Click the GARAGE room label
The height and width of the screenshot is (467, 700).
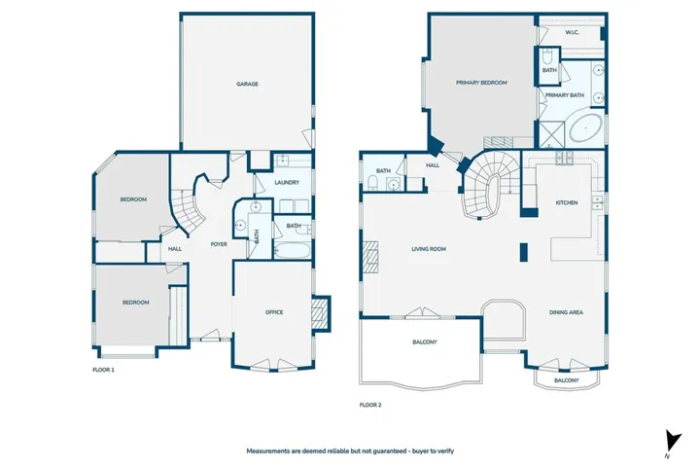(x=247, y=84)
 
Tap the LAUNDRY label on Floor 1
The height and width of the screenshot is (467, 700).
(x=287, y=182)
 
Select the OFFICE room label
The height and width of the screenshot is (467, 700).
(x=274, y=312)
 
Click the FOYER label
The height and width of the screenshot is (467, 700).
(x=219, y=244)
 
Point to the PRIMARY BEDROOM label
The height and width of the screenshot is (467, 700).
(x=481, y=83)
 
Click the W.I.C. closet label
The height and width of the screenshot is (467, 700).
(x=572, y=33)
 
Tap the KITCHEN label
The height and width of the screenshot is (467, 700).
(x=567, y=203)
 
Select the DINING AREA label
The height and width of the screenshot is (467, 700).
(x=566, y=312)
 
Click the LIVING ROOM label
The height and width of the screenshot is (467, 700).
(x=429, y=249)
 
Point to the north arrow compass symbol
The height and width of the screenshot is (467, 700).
(x=673, y=442)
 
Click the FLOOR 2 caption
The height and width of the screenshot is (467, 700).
(x=370, y=406)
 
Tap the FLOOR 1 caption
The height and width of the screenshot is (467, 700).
(x=104, y=370)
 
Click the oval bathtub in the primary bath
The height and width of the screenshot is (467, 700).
(x=585, y=127)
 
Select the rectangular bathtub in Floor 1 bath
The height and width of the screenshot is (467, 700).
(x=292, y=251)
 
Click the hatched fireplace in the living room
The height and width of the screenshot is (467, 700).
(x=370, y=257)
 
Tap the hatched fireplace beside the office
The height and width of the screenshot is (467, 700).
(x=320, y=313)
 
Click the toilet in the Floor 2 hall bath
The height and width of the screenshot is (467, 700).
(x=371, y=183)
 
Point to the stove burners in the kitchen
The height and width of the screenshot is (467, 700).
(x=564, y=158)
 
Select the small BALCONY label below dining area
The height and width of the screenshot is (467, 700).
(x=567, y=380)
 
